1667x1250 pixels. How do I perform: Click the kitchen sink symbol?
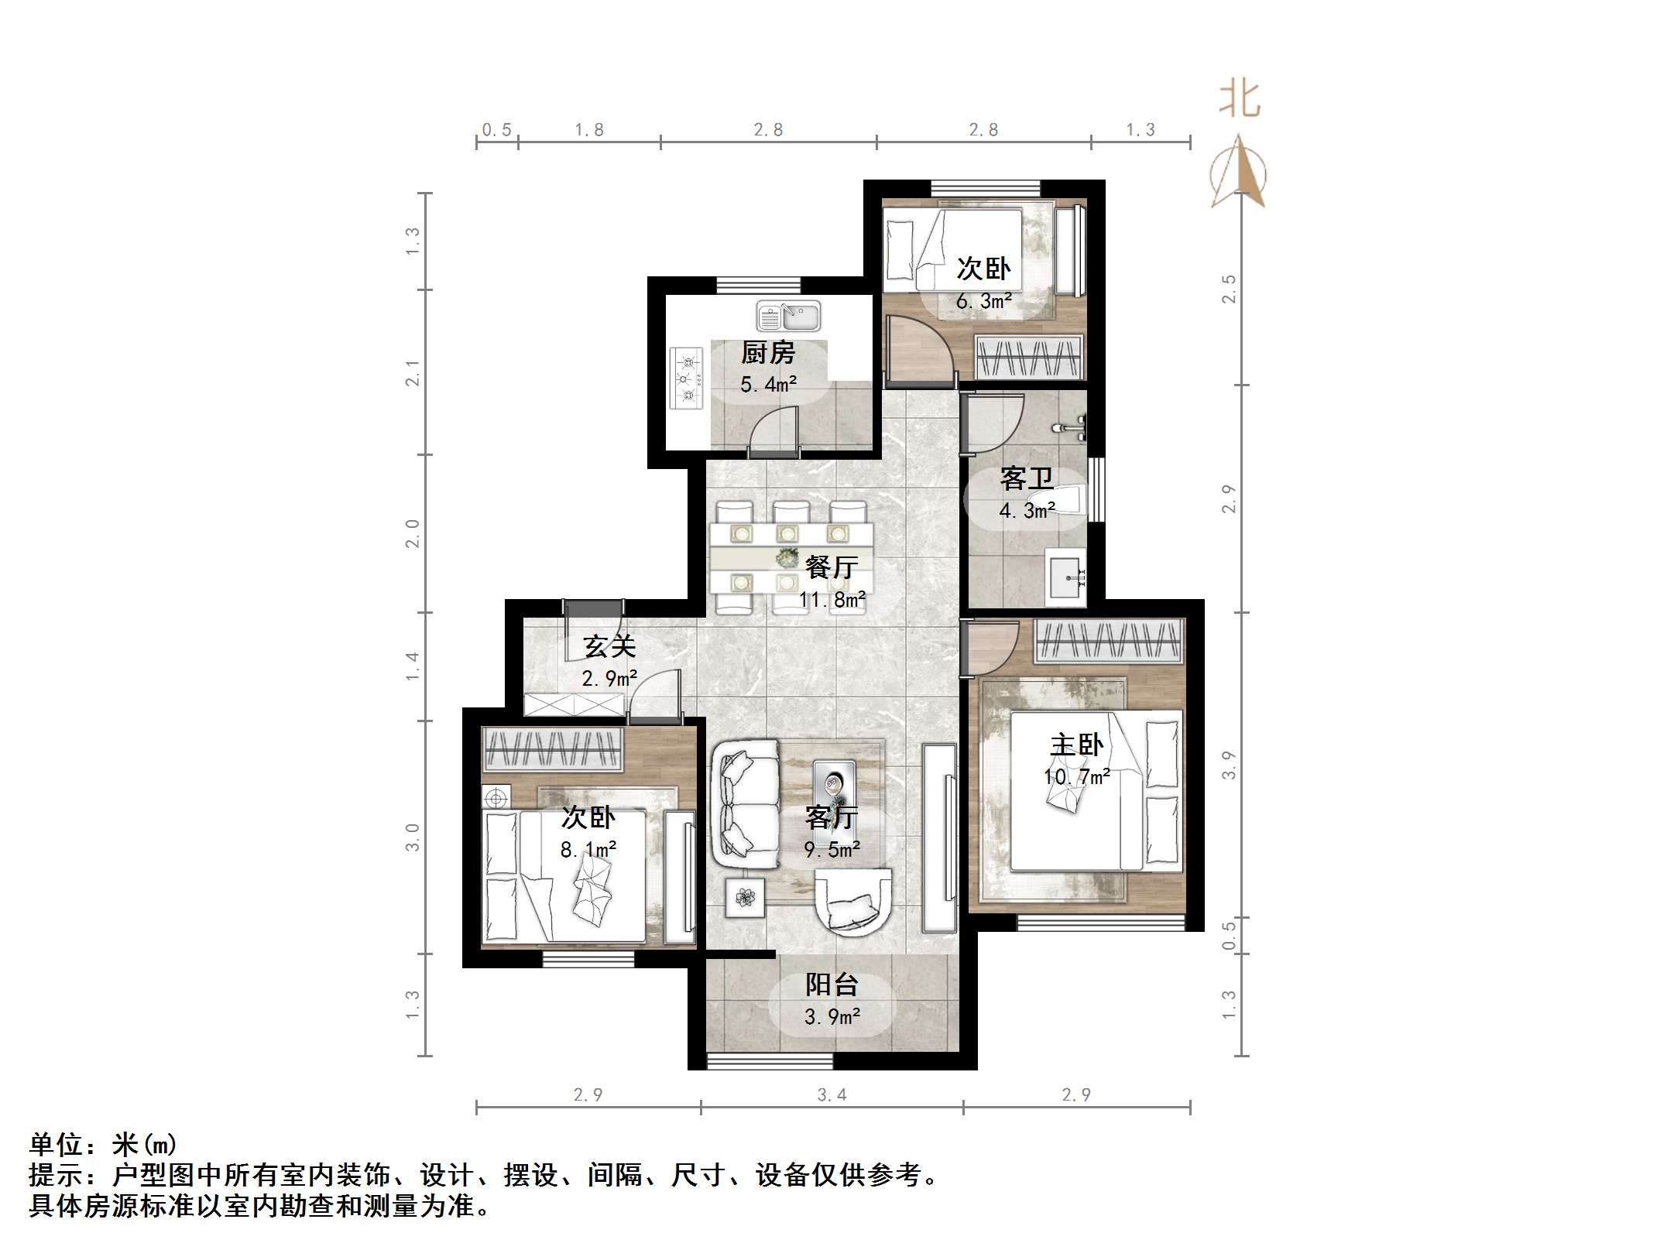click(788, 316)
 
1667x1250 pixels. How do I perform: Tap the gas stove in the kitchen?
click(686, 378)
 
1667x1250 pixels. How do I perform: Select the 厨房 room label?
click(768, 353)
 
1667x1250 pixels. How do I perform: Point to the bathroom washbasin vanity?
click(1065, 577)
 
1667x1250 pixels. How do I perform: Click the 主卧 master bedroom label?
click(1076, 745)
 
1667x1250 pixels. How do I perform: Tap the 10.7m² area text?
click(1076, 776)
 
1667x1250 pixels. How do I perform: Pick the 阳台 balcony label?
click(832, 985)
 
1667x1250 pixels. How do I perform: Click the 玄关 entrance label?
click(609, 646)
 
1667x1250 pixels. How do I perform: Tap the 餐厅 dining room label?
click(832, 567)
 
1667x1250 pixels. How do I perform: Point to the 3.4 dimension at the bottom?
click(832, 1095)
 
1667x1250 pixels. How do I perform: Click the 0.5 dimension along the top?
click(496, 130)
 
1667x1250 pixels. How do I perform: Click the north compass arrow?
click(1239, 174)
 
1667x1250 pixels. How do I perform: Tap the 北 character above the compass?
click(1240, 101)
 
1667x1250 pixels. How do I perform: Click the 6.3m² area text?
click(983, 301)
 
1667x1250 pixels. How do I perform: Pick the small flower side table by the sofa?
click(745, 898)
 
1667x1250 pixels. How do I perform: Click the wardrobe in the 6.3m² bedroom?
click(1028, 358)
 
